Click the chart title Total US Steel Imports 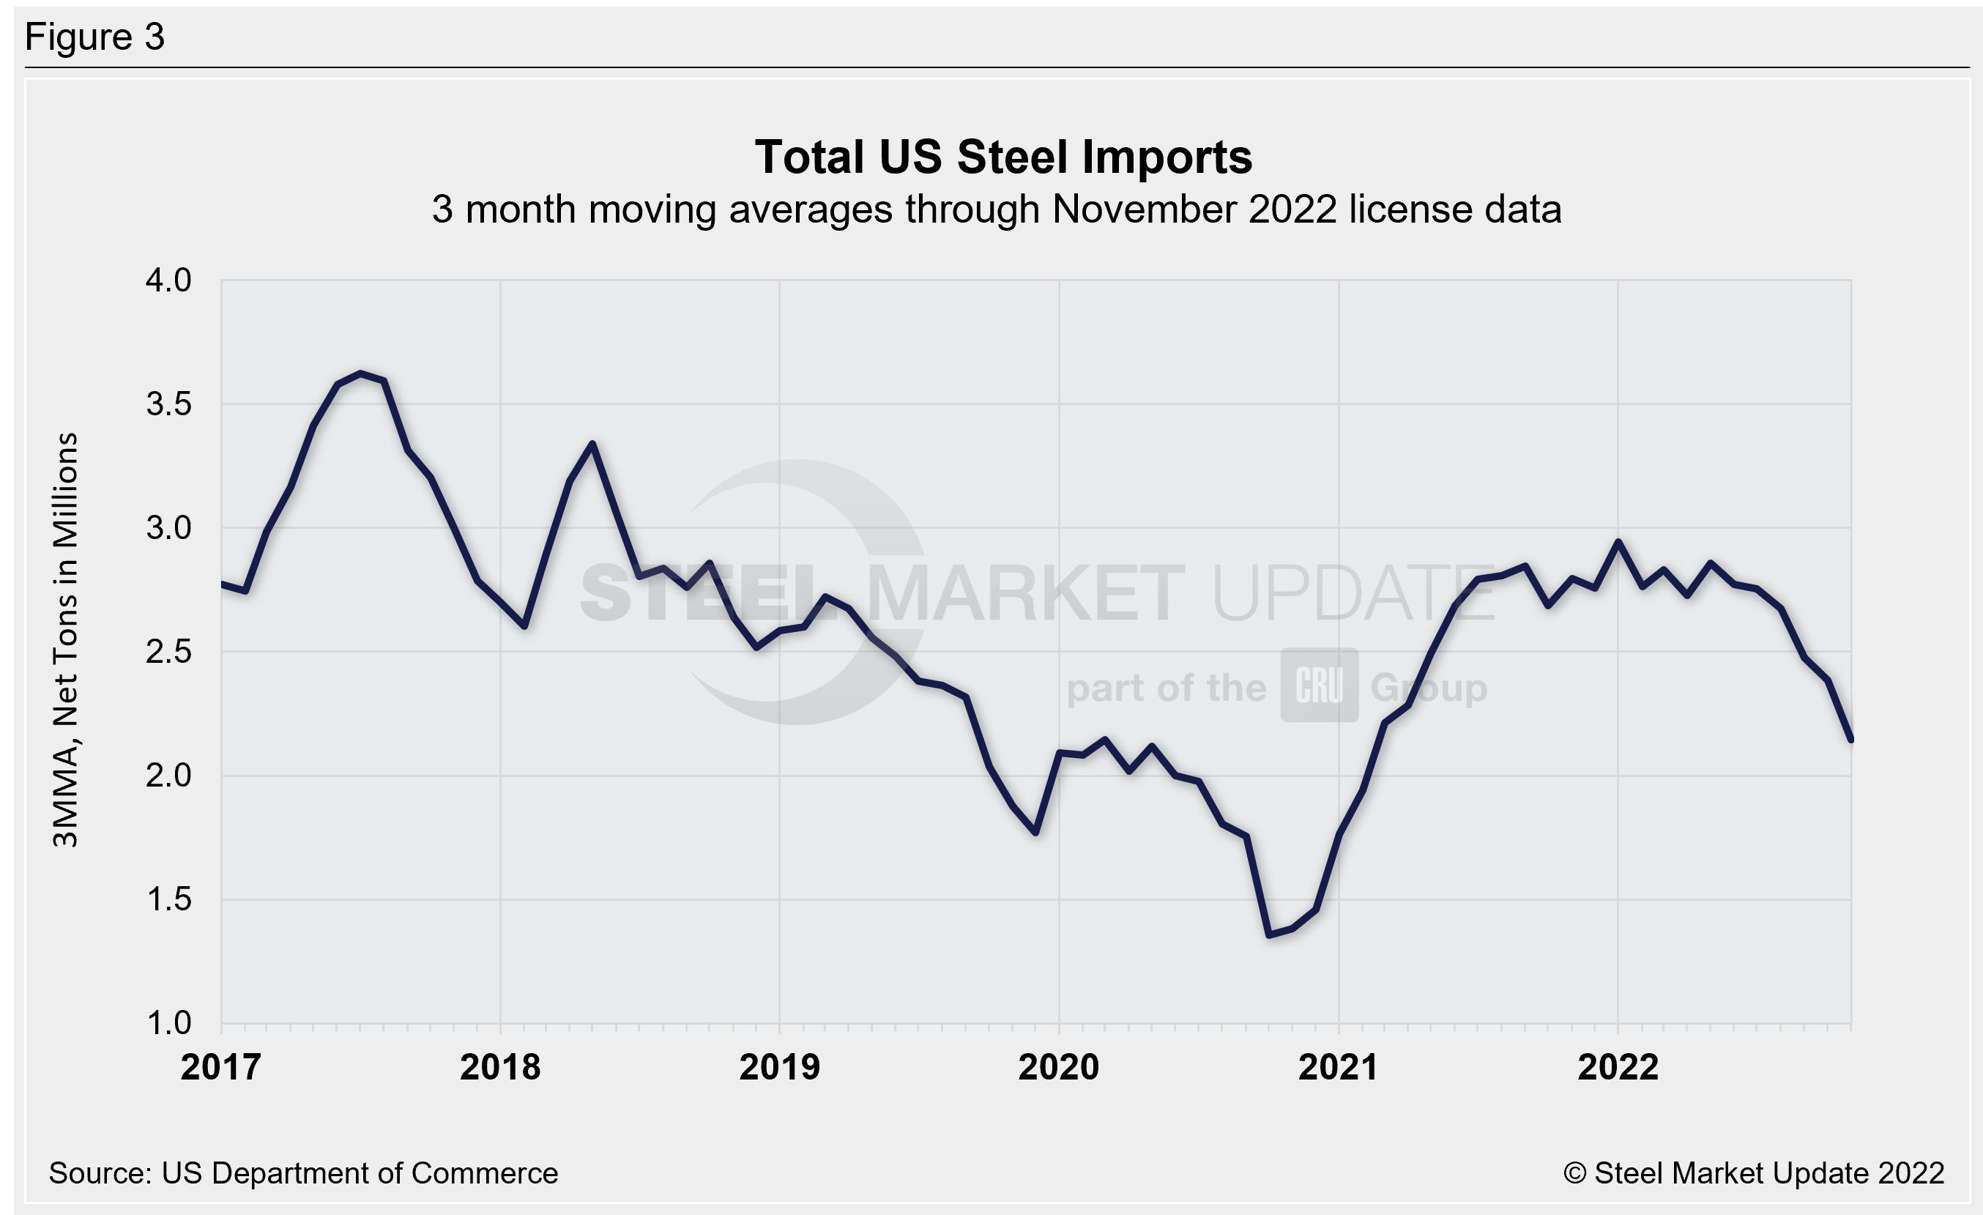tap(1002, 157)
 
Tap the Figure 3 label tap(94, 37)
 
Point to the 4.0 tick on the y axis tap(168, 280)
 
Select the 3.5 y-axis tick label tap(168, 404)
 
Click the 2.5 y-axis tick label tap(168, 652)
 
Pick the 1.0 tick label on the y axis tap(168, 1024)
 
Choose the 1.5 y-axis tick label tap(168, 899)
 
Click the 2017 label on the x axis tap(220, 1068)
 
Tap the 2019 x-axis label tap(779, 1068)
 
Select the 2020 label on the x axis tap(1058, 1068)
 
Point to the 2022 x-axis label tap(1618, 1068)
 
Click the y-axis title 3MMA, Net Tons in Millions tap(65, 639)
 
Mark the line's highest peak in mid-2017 tap(360, 374)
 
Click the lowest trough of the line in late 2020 tap(1269, 935)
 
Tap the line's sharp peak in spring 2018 tap(592, 443)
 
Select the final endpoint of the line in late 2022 tap(1851, 740)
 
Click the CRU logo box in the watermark tap(1319, 685)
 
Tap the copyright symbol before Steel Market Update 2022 tap(1575, 1173)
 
